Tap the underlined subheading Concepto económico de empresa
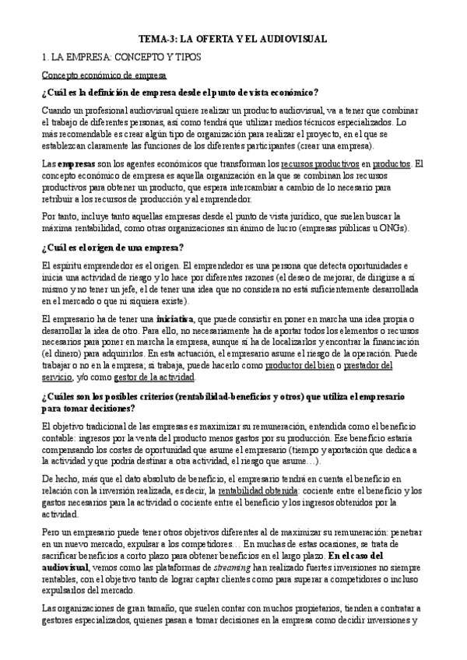(x=104, y=75)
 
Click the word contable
(x=58, y=438)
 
